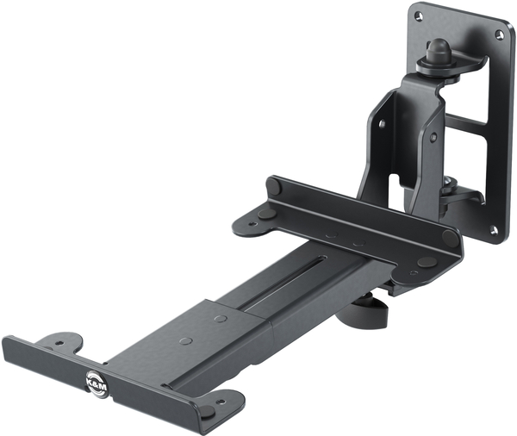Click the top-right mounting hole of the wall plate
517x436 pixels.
coord(500,34)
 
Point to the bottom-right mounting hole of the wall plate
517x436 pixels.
coord(493,230)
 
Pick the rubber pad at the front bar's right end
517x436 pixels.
coord(207,411)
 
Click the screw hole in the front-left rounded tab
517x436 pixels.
coord(59,343)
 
